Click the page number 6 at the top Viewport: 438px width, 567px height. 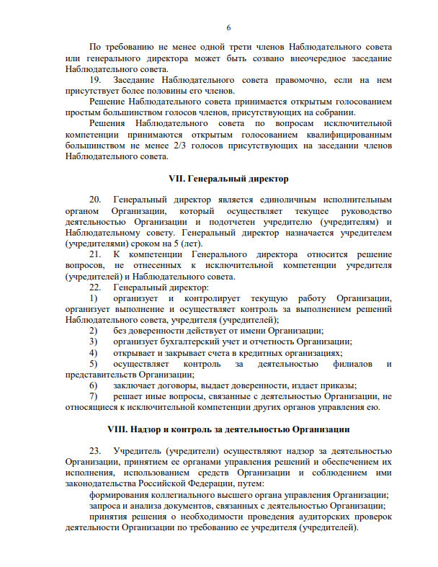[x=228, y=27]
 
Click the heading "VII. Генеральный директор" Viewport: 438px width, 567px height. [x=228, y=177]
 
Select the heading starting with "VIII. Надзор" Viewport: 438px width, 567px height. [x=228, y=429]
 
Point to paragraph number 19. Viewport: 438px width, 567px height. [x=94, y=80]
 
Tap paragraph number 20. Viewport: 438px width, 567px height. [x=94, y=199]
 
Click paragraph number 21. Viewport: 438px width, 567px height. [x=94, y=255]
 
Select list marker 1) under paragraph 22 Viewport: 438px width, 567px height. [x=93, y=298]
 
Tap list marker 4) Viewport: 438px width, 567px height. [x=93, y=353]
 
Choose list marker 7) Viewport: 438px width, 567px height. [x=93, y=396]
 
